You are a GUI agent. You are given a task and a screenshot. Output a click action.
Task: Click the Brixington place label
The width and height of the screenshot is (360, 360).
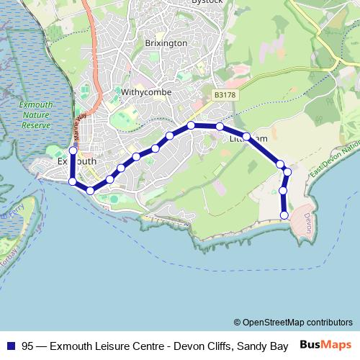[x=166, y=43]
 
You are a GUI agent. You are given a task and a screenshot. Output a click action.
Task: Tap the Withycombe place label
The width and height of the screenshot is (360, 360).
[x=144, y=93]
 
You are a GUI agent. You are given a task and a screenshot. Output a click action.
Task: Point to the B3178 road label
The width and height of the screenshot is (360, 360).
[x=225, y=95]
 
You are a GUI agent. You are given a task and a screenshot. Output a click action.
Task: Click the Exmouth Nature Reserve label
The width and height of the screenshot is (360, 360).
[x=36, y=114]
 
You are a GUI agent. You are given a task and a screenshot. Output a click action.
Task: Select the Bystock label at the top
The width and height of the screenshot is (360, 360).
[x=207, y=3]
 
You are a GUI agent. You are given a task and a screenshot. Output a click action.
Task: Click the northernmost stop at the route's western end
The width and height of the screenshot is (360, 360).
[x=73, y=151]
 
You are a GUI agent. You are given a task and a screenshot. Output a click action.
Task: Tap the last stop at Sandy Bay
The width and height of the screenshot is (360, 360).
[x=284, y=215]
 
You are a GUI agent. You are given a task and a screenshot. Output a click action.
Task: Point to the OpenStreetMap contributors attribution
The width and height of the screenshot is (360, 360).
[x=293, y=323]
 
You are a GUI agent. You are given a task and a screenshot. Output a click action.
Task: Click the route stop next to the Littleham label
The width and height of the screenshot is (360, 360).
[x=246, y=136]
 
